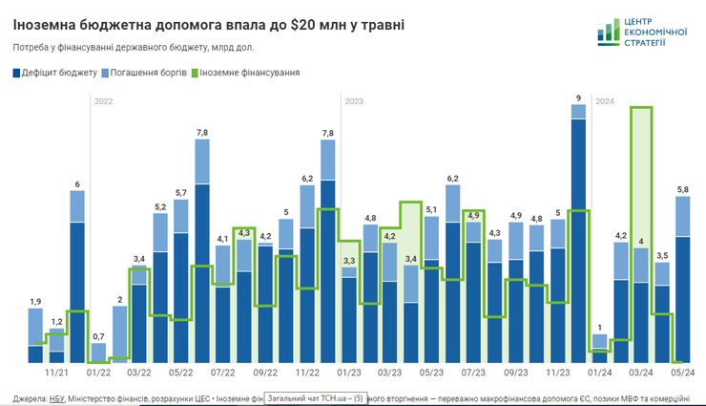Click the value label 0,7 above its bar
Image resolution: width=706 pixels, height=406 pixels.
pyautogui.click(x=98, y=336)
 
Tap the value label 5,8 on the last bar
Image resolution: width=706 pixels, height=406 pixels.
pyautogui.click(x=682, y=189)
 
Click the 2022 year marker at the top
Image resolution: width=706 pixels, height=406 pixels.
pyautogui.click(x=104, y=100)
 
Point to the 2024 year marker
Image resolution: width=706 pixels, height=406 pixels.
pyautogui.click(x=605, y=100)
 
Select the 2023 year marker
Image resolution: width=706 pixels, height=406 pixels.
pyautogui.click(x=354, y=100)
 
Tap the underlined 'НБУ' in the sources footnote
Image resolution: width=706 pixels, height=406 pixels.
pyautogui.click(x=57, y=397)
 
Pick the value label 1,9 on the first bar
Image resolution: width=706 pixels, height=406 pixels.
pyautogui.click(x=35, y=302)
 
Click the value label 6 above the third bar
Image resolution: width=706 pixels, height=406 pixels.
pyautogui.click(x=77, y=183)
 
